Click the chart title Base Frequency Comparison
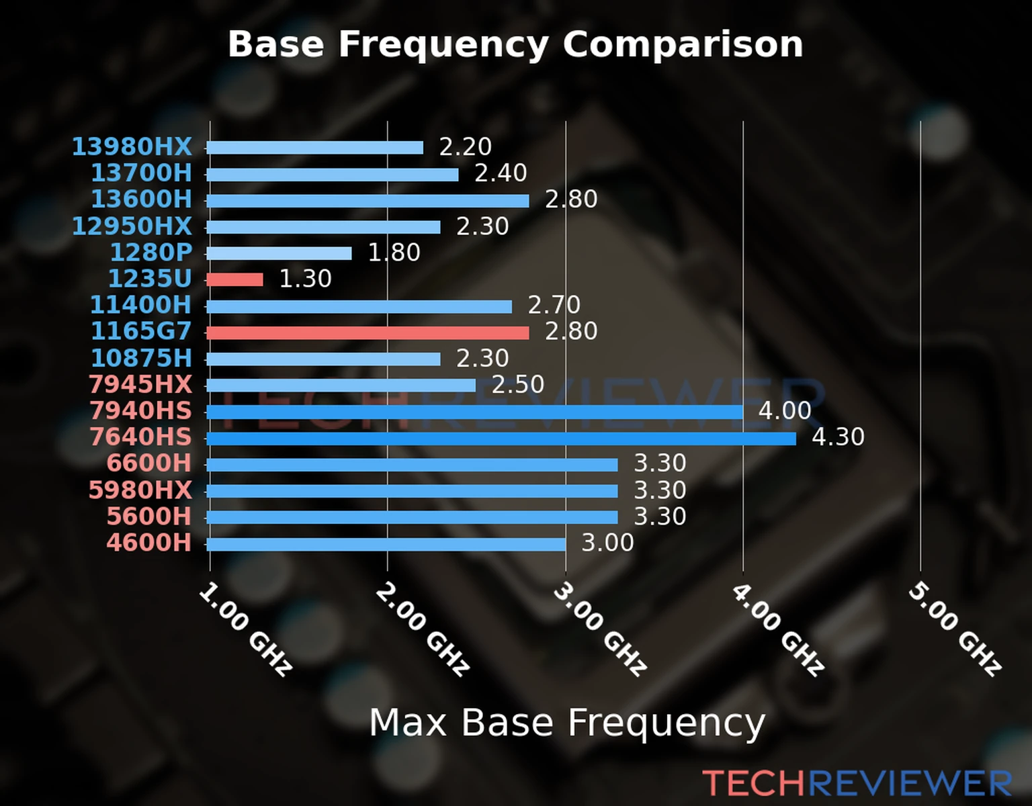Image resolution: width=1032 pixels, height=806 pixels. pos(515,44)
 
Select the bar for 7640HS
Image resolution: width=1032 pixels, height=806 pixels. pos(501,439)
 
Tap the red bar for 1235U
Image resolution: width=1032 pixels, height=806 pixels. pos(234,279)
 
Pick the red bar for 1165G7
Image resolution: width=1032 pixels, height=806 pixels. pos(368,332)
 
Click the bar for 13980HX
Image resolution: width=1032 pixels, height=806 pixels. pos(314,148)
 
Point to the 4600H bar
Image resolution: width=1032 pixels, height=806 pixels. pos(386,544)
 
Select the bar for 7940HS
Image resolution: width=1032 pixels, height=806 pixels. pos(474,412)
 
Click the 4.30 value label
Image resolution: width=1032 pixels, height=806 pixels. pos(838,437)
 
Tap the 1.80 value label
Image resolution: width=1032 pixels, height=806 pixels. pos(394,253)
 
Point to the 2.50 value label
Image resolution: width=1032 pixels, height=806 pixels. pos(517,385)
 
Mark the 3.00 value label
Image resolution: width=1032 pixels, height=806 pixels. pos(607,543)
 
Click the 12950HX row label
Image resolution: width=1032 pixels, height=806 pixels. pos(132,226)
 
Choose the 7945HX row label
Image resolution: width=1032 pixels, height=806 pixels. pos(140,385)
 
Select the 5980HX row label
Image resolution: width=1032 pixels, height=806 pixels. pos(140,490)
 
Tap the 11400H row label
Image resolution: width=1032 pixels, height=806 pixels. pos(141,306)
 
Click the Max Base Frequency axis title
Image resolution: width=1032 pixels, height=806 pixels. pos(567,723)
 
